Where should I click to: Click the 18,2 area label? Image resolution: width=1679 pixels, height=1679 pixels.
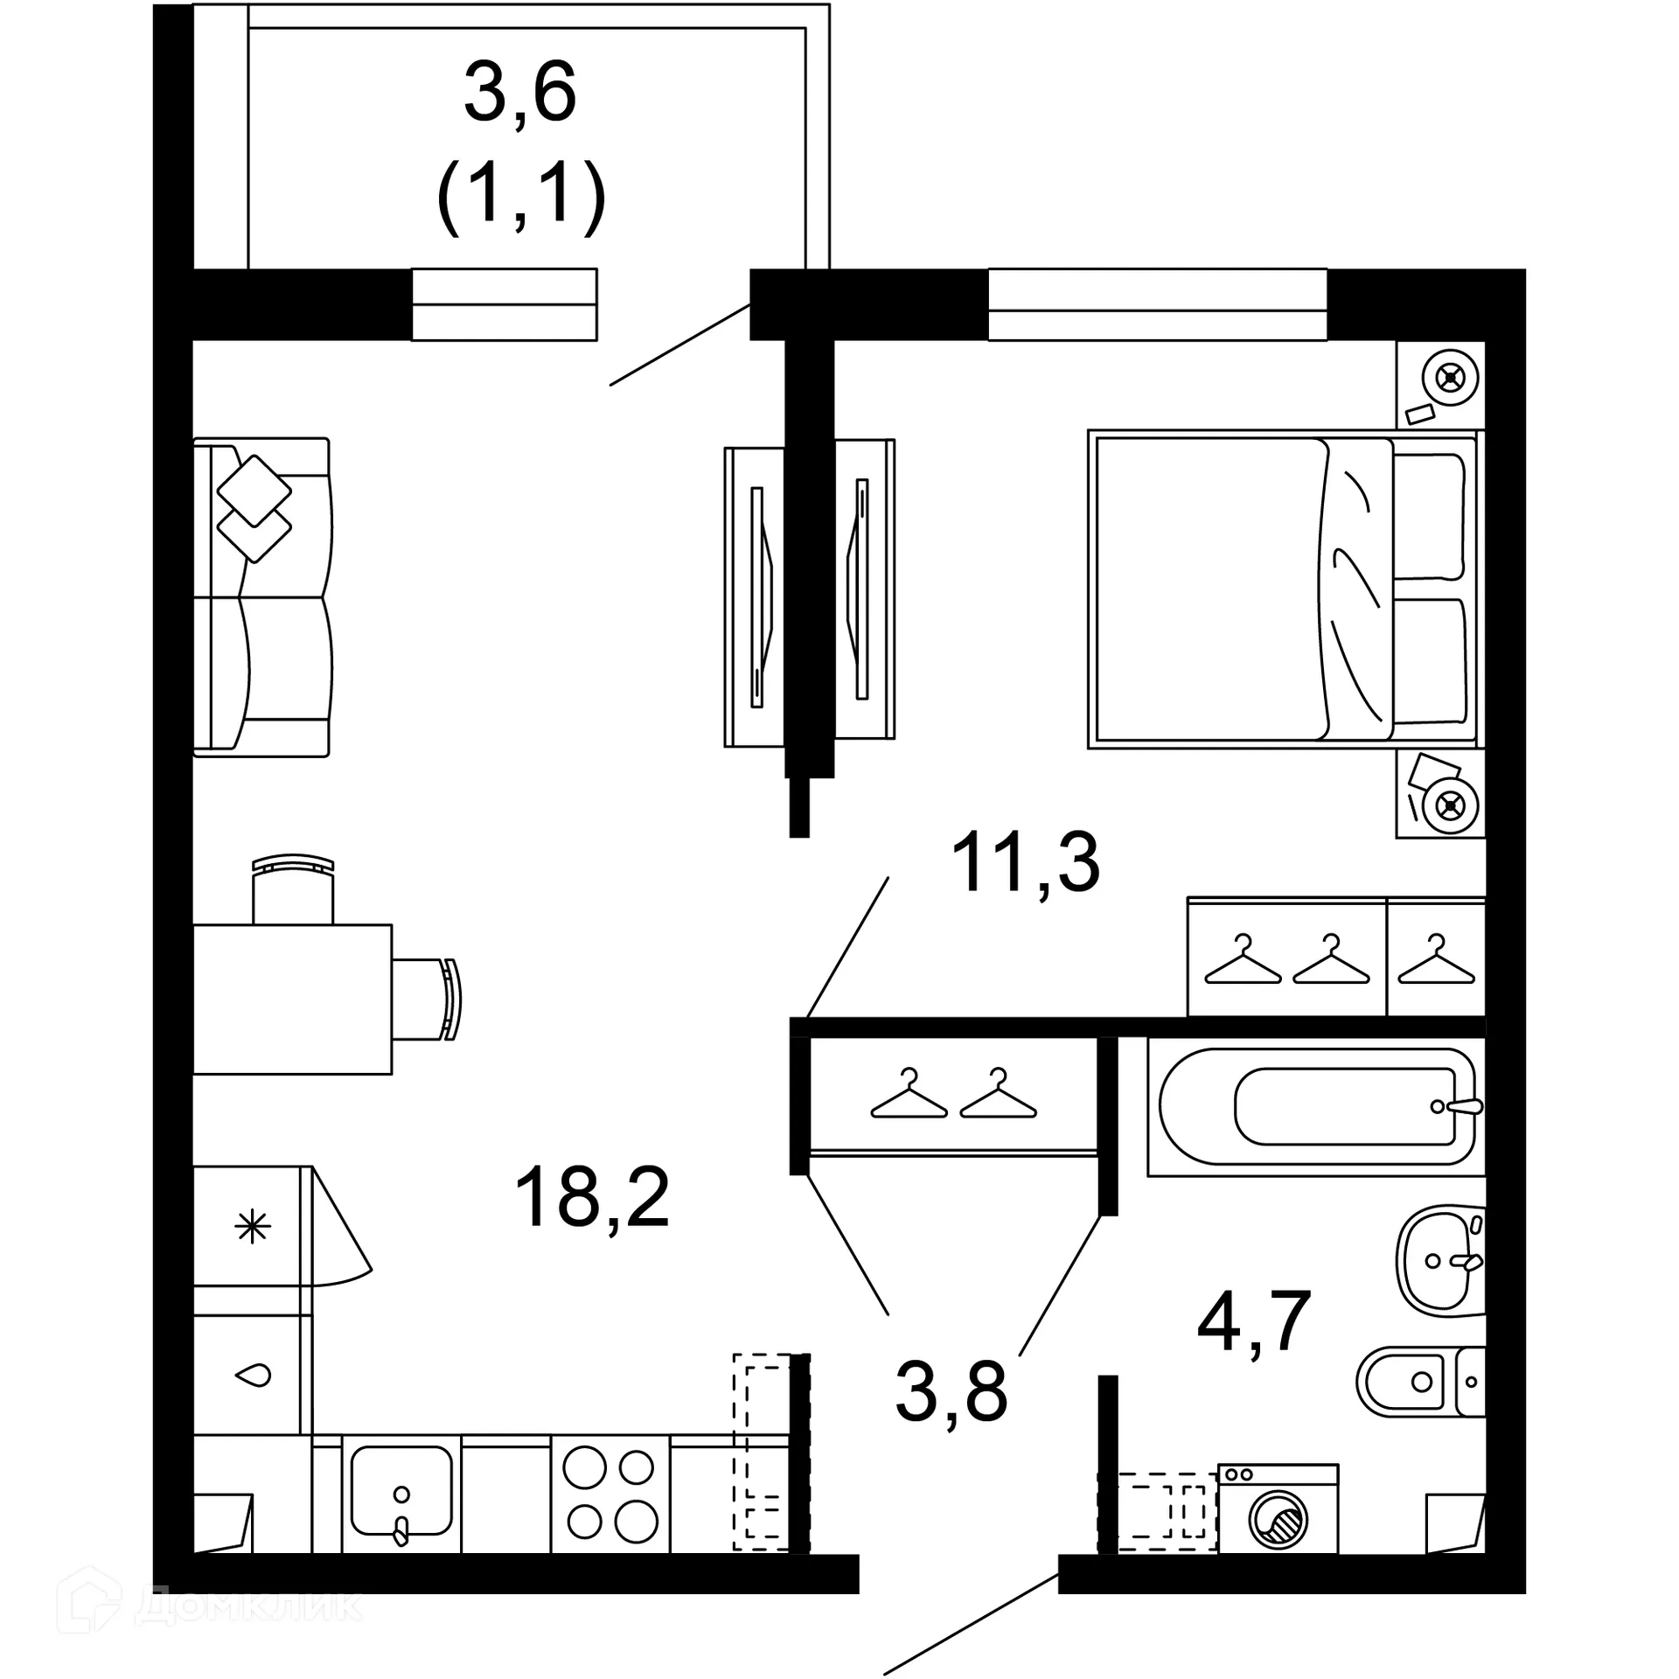click(592, 1198)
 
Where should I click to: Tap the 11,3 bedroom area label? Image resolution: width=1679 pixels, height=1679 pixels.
click(1025, 863)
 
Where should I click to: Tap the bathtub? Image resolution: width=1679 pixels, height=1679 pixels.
click(1316, 1106)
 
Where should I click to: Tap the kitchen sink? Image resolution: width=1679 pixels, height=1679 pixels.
click(401, 1495)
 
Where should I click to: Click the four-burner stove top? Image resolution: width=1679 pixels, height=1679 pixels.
click(610, 1495)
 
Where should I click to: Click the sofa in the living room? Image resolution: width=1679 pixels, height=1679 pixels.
click(262, 597)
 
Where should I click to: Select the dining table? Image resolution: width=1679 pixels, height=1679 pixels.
click(291, 999)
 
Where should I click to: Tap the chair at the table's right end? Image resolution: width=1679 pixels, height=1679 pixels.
click(427, 999)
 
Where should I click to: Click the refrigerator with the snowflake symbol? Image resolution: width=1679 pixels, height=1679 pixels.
click(252, 1226)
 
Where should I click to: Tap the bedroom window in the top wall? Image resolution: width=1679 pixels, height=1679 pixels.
click(1157, 303)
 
